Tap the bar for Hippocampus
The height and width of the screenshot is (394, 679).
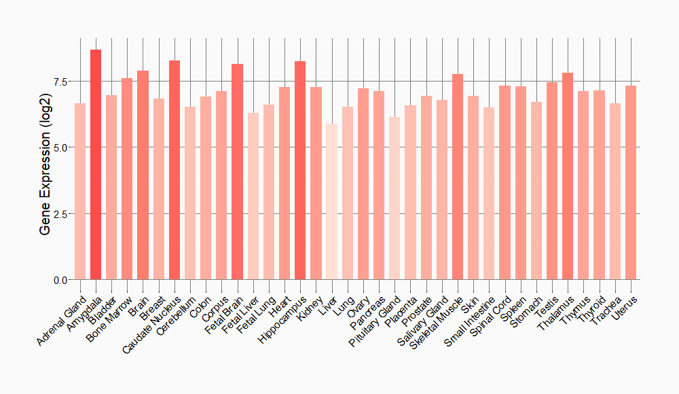(300, 171)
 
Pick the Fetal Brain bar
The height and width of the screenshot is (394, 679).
(237, 172)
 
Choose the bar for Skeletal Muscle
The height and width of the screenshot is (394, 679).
(458, 177)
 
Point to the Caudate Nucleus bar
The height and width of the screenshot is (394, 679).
(175, 170)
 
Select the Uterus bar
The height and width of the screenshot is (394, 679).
(631, 183)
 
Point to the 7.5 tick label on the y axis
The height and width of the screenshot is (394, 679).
(60, 82)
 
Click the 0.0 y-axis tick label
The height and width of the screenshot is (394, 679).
(60, 280)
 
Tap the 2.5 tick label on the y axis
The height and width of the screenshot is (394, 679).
(60, 214)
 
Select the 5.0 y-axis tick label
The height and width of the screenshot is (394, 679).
(60, 147)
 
